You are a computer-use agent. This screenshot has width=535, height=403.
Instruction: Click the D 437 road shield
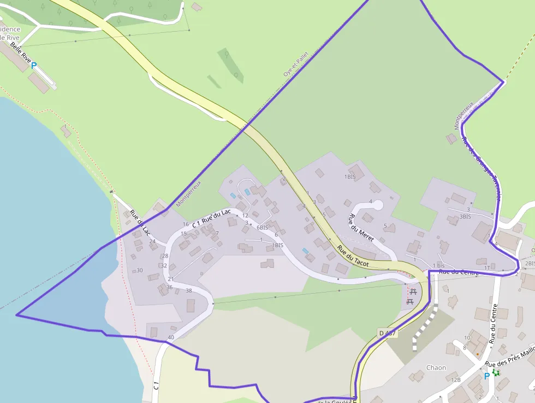click(387, 332)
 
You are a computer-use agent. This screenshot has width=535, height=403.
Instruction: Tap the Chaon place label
click(436, 367)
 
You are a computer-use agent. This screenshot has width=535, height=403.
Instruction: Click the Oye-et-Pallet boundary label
click(296, 64)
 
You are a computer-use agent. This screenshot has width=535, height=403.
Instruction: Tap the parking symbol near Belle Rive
click(33, 66)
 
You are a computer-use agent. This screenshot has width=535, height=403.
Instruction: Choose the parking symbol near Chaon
click(486, 376)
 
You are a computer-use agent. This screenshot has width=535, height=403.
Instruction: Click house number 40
click(171, 337)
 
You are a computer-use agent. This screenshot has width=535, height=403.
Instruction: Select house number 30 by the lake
click(140, 270)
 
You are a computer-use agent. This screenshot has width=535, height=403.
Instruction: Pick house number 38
click(189, 290)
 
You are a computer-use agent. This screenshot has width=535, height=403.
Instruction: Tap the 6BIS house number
click(263, 227)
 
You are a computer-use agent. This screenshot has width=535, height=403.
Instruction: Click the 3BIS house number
click(465, 217)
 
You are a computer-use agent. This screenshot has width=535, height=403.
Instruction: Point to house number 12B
click(456, 379)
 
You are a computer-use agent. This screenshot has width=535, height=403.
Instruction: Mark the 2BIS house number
click(529, 264)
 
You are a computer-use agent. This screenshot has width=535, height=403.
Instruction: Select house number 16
click(186, 224)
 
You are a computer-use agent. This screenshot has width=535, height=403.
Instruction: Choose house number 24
click(152, 241)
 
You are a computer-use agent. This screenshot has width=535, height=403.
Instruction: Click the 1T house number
click(487, 267)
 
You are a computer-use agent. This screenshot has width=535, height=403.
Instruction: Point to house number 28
click(164, 256)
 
